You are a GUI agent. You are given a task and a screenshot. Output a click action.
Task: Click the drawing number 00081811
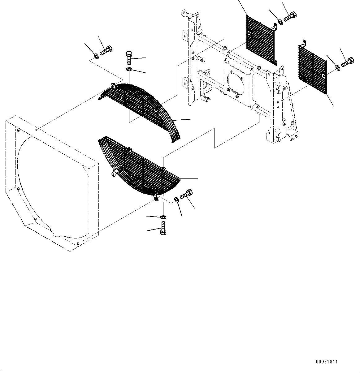(x=327, y=362)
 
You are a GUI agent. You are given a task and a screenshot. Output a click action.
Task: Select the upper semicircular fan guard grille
(x=136, y=102)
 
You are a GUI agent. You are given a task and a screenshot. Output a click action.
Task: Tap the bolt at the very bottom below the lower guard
(x=163, y=229)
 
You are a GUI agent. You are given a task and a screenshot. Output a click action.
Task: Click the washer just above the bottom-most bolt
(x=163, y=217)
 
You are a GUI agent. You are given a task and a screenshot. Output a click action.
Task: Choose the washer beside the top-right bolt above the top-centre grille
(x=280, y=22)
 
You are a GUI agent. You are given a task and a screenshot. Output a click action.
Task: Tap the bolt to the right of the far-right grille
(x=347, y=62)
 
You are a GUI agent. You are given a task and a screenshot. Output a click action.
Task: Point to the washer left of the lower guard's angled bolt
(x=176, y=199)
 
